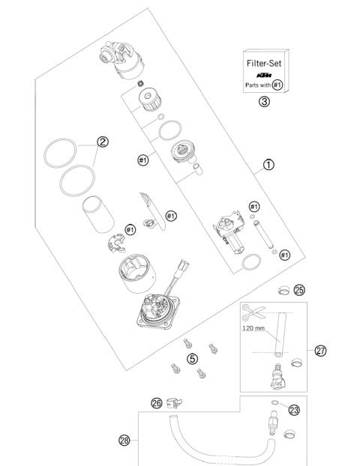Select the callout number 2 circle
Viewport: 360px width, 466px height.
pyautogui.click(x=103, y=140)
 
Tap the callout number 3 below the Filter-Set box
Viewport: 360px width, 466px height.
pyautogui.click(x=264, y=103)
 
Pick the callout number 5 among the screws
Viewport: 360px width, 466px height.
pyautogui.click(x=192, y=359)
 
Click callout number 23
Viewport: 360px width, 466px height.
pyautogui.click(x=294, y=410)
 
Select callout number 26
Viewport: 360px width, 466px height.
pyautogui.click(x=156, y=404)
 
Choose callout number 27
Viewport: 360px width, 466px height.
pyautogui.click(x=320, y=350)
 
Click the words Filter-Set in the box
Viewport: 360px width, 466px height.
pyautogui.click(x=264, y=64)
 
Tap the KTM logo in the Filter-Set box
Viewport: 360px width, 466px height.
pyautogui.click(x=264, y=76)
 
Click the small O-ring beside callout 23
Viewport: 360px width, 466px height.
pyautogui.click(x=275, y=403)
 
